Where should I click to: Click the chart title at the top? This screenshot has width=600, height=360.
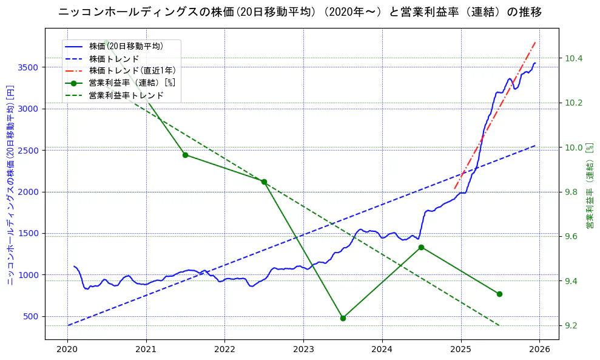tap(300, 12)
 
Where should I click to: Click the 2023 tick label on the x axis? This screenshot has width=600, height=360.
tap(303, 349)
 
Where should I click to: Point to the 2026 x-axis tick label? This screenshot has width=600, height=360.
tap(539, 349)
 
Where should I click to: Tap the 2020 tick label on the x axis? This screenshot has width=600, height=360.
tap(67, 349)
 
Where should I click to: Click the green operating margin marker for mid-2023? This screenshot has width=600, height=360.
tap(343, 318)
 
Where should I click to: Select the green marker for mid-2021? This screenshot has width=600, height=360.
tap(185, 155)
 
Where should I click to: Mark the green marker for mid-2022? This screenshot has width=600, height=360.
tap(264, 182)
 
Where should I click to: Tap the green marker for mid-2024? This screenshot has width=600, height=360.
tap(421, 247)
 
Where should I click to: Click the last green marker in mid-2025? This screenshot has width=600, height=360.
tap(499, 294)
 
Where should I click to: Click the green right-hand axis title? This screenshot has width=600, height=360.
tap(589, 186)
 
